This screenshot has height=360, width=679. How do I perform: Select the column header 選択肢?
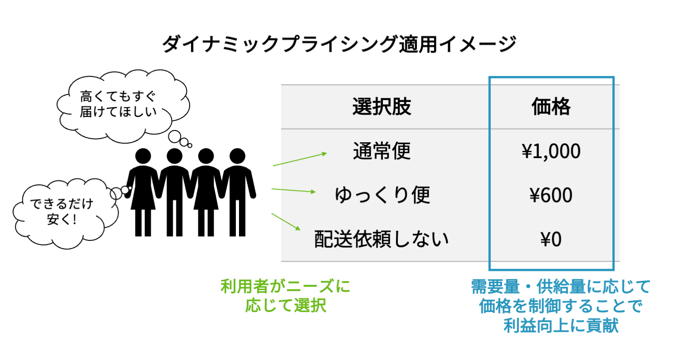(x=382, y=107)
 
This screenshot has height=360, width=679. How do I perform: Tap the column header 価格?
(x=551, y=107)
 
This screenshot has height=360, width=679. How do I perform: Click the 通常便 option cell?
(x=382, y=151)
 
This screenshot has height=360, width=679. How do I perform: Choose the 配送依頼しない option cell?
(x=382, y=239)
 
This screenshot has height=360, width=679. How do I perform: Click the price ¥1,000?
(x=551, y=151)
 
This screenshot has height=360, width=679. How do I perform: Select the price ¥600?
(x=551, y=195)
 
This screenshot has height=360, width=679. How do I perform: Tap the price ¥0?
(x=551, y=239)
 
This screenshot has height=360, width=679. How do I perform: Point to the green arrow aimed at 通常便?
(x=300, y=159)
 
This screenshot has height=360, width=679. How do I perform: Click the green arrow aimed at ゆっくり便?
(x=293, y=190)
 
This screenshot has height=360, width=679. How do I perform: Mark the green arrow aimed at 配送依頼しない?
(x=286, y=222)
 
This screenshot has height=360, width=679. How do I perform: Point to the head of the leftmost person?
(x=143, y=156)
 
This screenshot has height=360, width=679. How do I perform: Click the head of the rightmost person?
(x=238, y=156)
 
